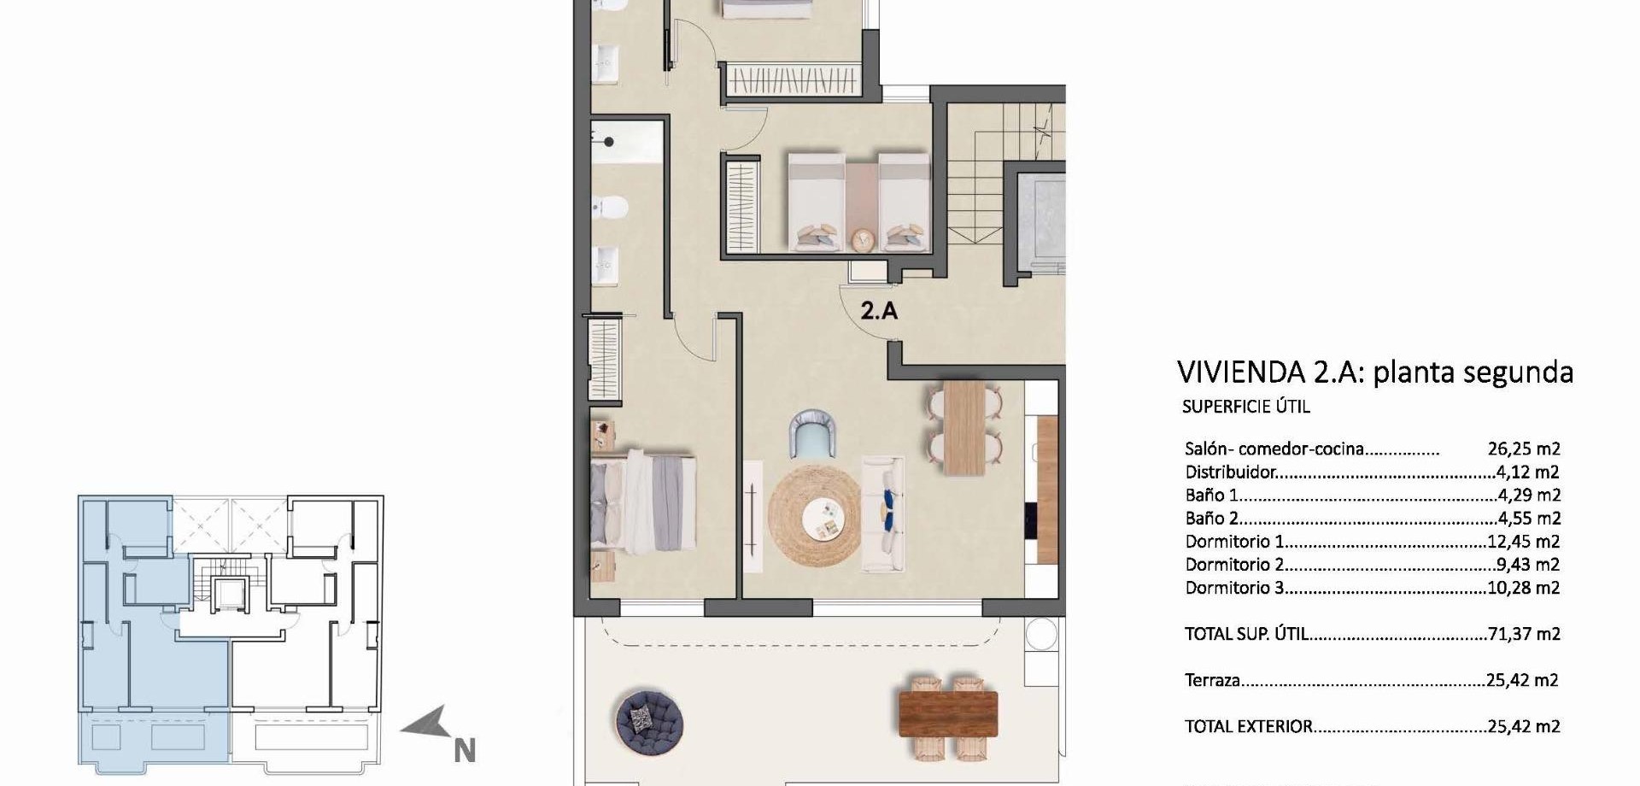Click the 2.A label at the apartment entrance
click(x=879, y=310)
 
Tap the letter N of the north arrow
click(x=465, y=751)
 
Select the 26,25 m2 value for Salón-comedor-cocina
click(x=1524, y=449)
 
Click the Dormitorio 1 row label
click(x=1234, y=542)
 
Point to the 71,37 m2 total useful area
click(x=1524, y=634)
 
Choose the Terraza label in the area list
click(x=1212, y=681)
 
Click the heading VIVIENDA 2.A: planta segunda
click(x=1375, y=372)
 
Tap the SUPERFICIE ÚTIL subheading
click(x=1245, y=407)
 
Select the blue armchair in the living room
click(x=812, y=433)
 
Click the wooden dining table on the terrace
click(x=948, y=713)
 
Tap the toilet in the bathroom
click(x=610, y=207)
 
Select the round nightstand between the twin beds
click(x=863, y=240)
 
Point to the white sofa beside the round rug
click(x=882, y=513)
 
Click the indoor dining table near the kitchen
click(x=964, y=428)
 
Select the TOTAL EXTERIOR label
click(x=1248, y=727)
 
